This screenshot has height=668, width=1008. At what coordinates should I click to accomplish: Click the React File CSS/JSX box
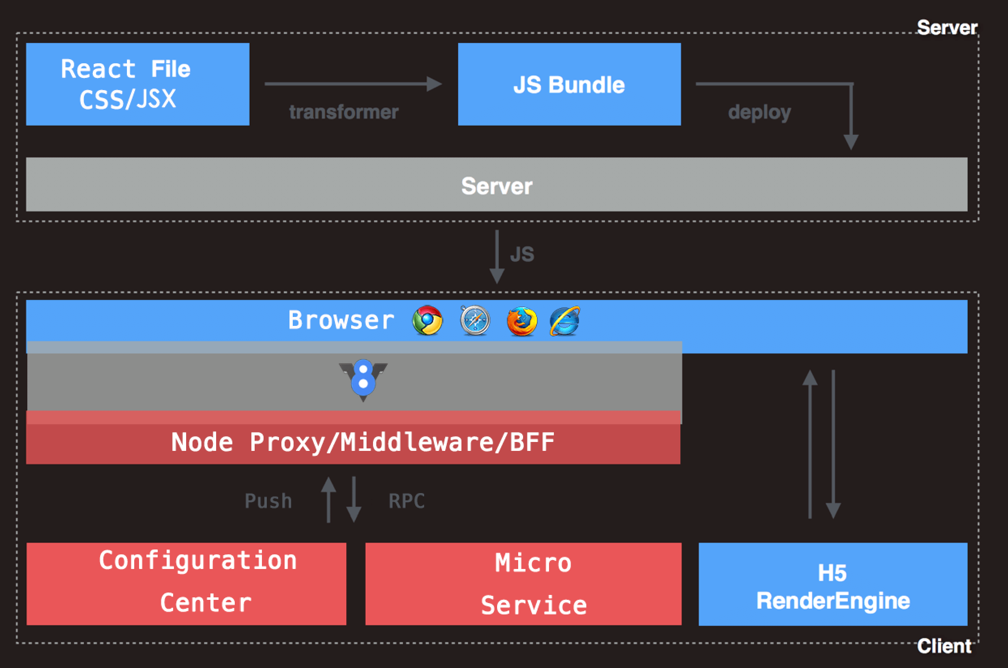[137, 84]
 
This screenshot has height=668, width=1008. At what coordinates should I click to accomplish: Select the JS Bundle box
[569, 84]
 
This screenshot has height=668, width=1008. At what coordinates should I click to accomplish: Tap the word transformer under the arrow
[344, 112]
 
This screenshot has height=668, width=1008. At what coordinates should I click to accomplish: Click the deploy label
[759, 112]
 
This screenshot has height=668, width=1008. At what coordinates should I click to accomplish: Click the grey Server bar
[496, 185]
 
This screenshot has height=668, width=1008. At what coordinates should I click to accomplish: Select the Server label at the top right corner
[947, 28]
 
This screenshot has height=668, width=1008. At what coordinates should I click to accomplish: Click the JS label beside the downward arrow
[522, 254]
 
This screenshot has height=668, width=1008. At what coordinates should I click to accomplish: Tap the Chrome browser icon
[427, 320]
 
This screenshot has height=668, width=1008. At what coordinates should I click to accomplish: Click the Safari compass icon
[475, 320]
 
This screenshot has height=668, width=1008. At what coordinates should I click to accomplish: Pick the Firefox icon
[521, 321]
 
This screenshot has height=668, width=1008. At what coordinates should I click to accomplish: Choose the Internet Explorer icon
[565, 321]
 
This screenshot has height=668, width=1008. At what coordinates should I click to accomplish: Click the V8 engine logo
[363, 379]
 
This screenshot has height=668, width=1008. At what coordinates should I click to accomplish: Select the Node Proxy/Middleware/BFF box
[362, 442]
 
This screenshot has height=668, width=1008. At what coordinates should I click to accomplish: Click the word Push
[268, 501]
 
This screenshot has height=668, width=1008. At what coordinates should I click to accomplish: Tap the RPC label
[407, 501]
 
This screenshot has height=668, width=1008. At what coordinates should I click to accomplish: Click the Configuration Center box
[186, 584]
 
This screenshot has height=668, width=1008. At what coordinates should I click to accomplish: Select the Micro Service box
[523, 584]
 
